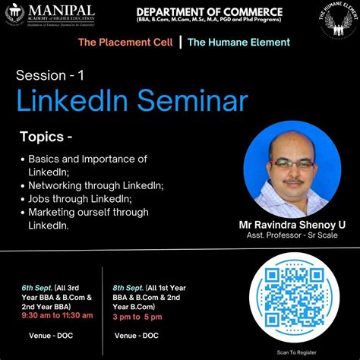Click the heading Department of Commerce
[x=209, y=12]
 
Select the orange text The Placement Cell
[x=125, y=43]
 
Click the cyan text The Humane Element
[x=238, y=43]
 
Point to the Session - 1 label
[x=50, y=75]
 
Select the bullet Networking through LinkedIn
[x=96, y=185]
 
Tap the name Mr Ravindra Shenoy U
[x=292, y=225]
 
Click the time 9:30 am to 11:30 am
[x=57, y=315]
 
